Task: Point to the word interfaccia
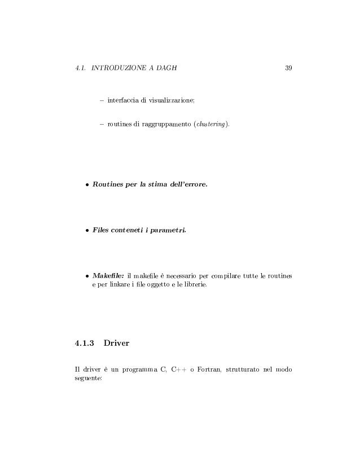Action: (123, 100)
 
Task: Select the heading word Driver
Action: (117, 342)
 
